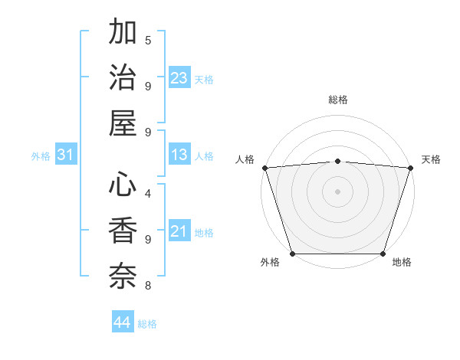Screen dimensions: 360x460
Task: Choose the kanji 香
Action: (x=123, y=230)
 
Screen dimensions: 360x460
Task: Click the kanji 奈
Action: (x=123, y=274)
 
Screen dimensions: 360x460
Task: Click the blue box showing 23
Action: (x=179, y=77)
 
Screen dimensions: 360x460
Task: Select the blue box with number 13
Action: (x=179, y=155)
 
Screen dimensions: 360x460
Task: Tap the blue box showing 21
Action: (x=179, y=231)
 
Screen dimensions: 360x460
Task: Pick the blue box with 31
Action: (x=66, y=155)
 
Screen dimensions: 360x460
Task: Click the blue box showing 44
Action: (x=123, y=322)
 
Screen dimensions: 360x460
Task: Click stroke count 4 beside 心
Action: (x=148, y=194)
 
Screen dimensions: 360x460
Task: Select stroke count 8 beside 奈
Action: (x=148, y=286)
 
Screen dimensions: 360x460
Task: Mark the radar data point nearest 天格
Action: (x=410, y=168)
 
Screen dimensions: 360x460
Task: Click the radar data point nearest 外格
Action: (x=293, y=254)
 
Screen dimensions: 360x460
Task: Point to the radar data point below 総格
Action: (x=338, y=161)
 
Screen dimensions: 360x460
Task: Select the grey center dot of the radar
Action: (x=338, y=191)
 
